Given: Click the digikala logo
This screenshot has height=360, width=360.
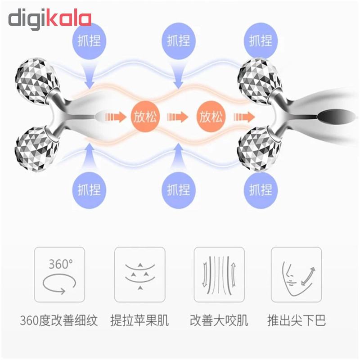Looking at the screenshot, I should click(50, 19).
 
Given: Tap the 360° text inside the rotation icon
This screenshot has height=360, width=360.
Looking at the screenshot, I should click(60, 263).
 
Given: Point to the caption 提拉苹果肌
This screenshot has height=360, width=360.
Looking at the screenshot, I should click(139, 320).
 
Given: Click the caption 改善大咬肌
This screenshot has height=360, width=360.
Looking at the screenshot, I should click(219, 320).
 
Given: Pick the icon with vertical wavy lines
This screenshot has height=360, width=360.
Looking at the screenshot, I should click(219, 274).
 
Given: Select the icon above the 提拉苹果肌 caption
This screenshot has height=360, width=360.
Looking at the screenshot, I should click(139, 274).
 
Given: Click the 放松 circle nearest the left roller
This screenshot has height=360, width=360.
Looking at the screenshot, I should click(145, 117).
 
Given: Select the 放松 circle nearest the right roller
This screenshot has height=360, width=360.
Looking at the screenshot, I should click(211, 117).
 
